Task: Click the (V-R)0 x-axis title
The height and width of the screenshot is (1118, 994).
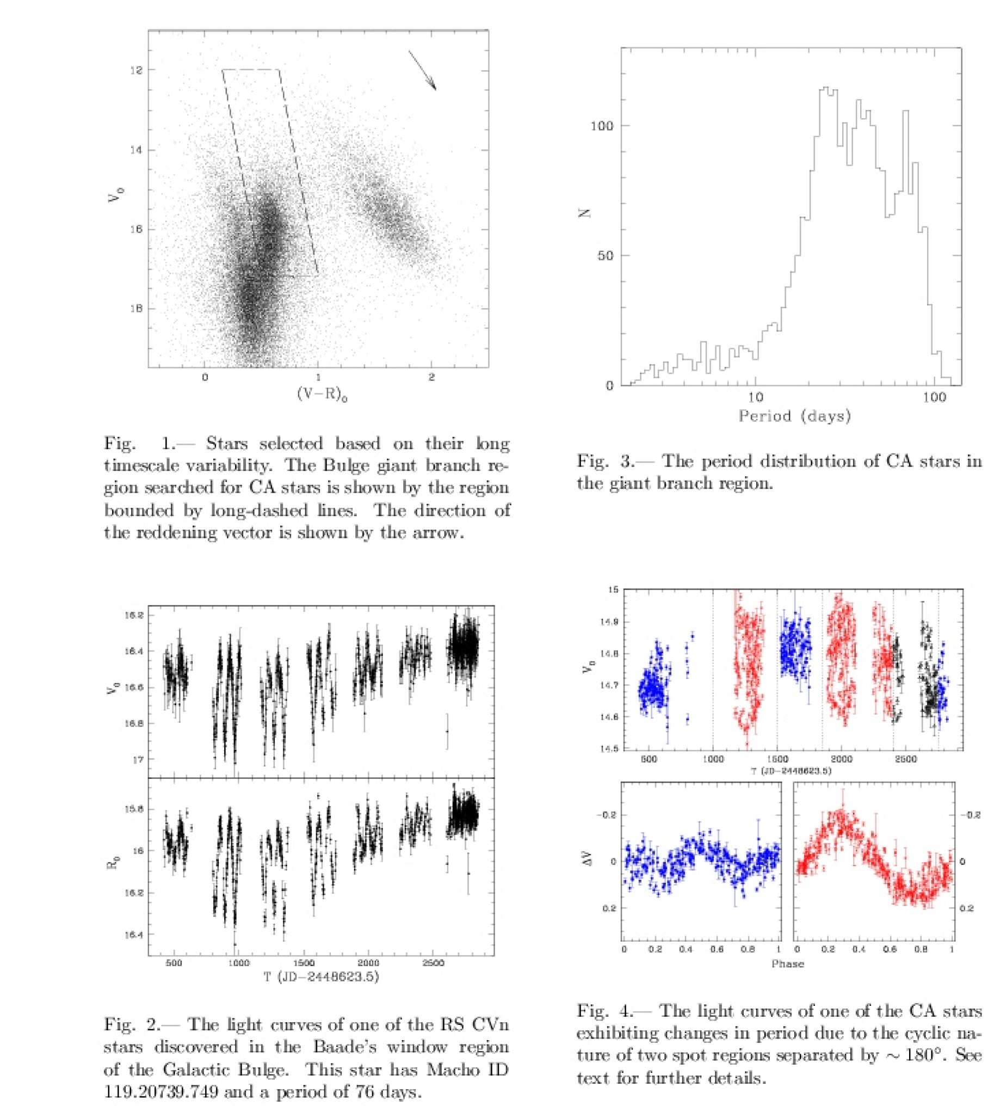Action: pyautogui.click(x=322, y=394)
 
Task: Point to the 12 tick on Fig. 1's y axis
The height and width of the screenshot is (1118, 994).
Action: pyautogui.click(x=136, y=70)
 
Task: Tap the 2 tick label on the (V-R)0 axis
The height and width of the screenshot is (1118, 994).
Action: pyautogui.click(x=431, y=377)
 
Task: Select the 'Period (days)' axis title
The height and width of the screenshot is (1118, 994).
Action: pyautogui.click(x=794, y=416)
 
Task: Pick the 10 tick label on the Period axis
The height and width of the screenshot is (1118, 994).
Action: pyautogui.click(x=755, y=397)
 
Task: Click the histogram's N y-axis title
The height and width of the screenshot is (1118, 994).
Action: pyautogui.click(x=584, y=213)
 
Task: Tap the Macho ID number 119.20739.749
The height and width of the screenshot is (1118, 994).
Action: pyautogui.click(x=160, y=1092)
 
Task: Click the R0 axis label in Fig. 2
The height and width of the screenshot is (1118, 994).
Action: pyautogui.click(x=113, y=864)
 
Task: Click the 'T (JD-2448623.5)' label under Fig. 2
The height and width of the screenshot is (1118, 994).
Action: pyautogui.click(x=322, y=976)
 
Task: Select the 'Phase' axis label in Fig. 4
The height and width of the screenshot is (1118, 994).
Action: pyautogui.click(x=787, y=964)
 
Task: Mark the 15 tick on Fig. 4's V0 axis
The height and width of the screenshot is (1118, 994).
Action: pyautogui.click(x=613, y=589)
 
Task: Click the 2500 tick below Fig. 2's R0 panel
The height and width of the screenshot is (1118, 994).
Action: pyautogui.click(x=433, y=963)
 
